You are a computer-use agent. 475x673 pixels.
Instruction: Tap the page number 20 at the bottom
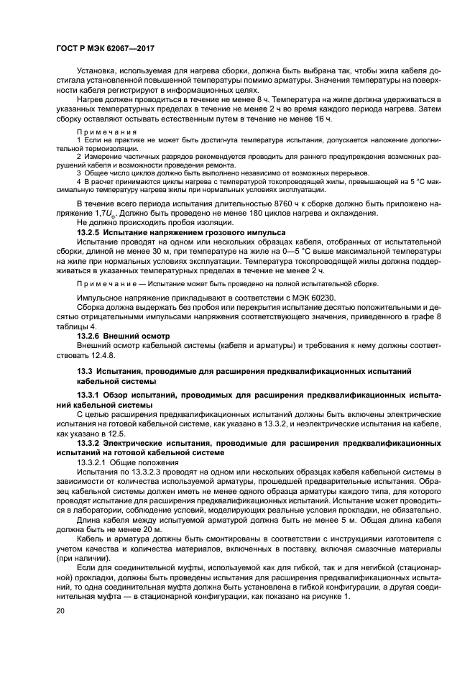pos(60,610)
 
